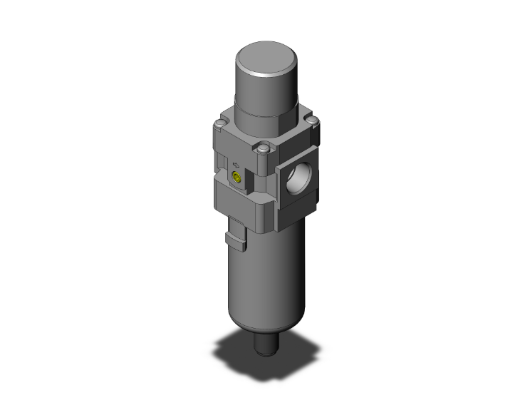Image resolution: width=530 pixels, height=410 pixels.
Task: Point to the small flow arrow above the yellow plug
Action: point(236,163)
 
